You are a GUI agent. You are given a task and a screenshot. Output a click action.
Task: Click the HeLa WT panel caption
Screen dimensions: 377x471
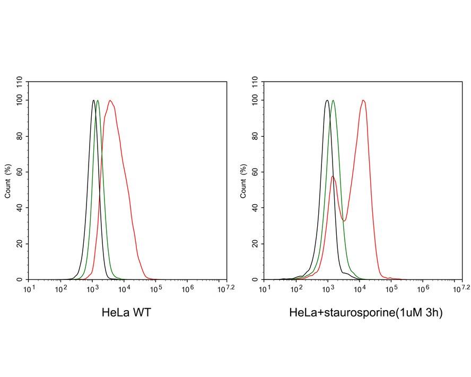pyautogui.click(x=126, y=313)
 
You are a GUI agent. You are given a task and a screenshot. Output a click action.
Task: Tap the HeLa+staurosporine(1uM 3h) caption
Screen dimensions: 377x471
pyautogui.click(x=365, y=313)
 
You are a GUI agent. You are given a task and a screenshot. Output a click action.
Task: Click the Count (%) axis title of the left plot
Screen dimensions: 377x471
pyautogui.click(x=8, y=181)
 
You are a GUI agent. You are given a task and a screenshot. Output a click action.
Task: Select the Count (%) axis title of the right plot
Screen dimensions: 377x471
pyautogui.click(x=243, y=181)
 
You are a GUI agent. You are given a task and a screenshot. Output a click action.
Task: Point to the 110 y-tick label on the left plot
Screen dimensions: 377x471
pyautogui.click(x=20, y=82)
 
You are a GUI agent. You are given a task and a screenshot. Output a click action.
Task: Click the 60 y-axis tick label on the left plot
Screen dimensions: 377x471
pyautogui.click(x=20, y=172)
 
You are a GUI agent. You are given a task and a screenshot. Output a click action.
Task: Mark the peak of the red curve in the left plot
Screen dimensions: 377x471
pyautogui.click(x=110, y=100)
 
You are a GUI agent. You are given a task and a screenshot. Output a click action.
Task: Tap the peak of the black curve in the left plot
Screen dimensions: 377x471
pyautogui.click(x=93, y=100)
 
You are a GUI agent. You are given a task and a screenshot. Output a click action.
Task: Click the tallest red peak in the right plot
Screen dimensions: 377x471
pyautogui.click(x=363, y=100)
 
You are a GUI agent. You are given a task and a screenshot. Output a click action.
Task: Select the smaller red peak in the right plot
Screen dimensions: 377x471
pyautogui.click(x=333, y=177)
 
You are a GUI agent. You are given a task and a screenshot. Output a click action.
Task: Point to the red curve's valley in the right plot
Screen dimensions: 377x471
pyautogui.click(x=344, y=221)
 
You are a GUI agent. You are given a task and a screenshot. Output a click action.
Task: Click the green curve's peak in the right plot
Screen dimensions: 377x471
pyautogui.click(x=333, y=100)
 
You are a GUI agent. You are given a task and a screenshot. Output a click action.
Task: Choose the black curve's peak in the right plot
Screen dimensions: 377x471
pyautogui.click(x=327, y=100)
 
